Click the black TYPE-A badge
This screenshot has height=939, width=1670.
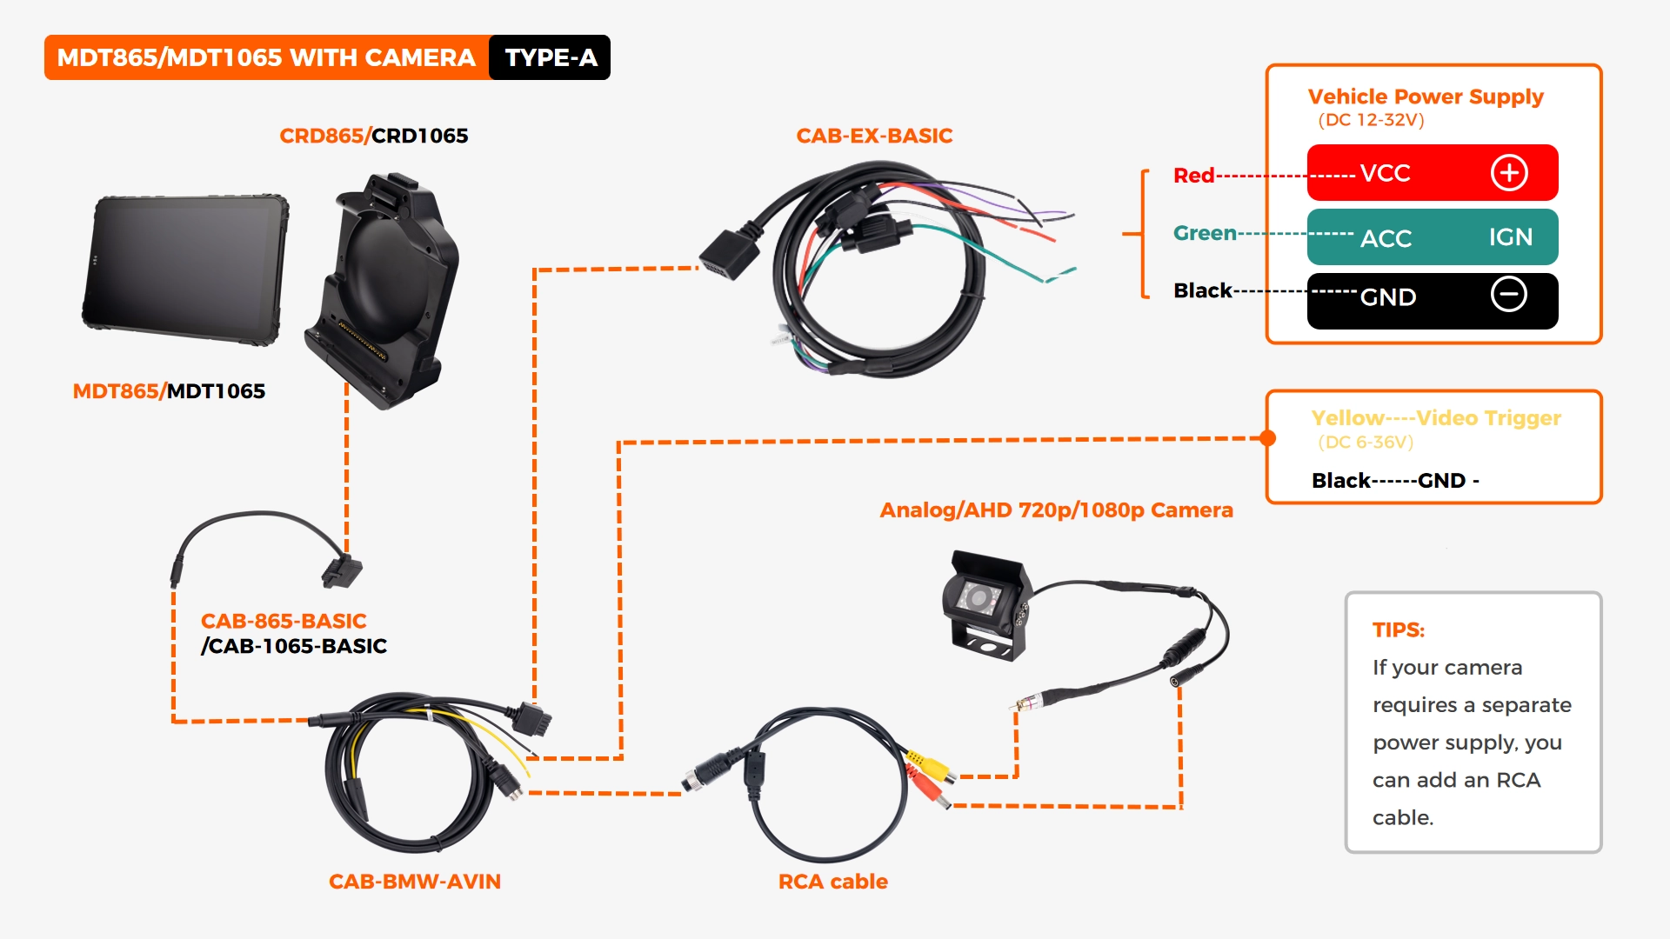click(x=550, y=57)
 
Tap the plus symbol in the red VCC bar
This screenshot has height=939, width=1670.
click(x=1509, y=172)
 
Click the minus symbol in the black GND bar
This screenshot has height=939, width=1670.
click(x=1509, y=295)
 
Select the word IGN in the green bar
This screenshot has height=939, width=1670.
click(x=1510, y=236)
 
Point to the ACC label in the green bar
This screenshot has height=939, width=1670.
click(x=1386, y=237)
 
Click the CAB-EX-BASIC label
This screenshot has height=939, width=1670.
click(x=874, y=136)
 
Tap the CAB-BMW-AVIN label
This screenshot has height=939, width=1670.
click(x=414, y=882)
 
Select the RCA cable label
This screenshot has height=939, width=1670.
click(x=832, y=882)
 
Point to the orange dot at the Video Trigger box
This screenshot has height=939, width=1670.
click(x=1268, y=438)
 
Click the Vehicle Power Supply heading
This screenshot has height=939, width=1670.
click(x=1426, y=97)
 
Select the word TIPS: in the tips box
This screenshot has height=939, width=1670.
click(x=1399, y=630)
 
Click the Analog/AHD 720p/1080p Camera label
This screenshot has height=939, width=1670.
click(x=1056, y=510)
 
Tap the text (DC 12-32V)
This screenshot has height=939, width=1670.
click(x=1371, y=120)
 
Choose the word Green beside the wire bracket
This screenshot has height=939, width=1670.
click(x=1205, y=233)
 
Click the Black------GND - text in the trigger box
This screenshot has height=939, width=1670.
click(x=1395, y=481)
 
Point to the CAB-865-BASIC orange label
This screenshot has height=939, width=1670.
click(x=284, y=621)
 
